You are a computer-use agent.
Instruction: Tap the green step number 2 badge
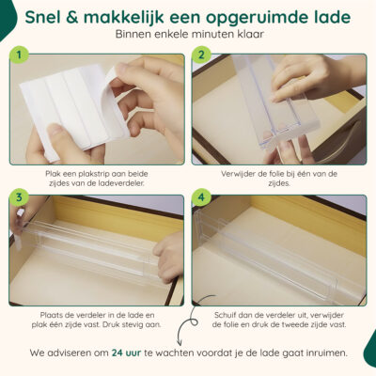click(x=201, y=55)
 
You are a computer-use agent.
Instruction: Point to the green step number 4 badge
click(x=201, y=197)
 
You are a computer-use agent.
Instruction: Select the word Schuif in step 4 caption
click(x=227, y=315)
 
